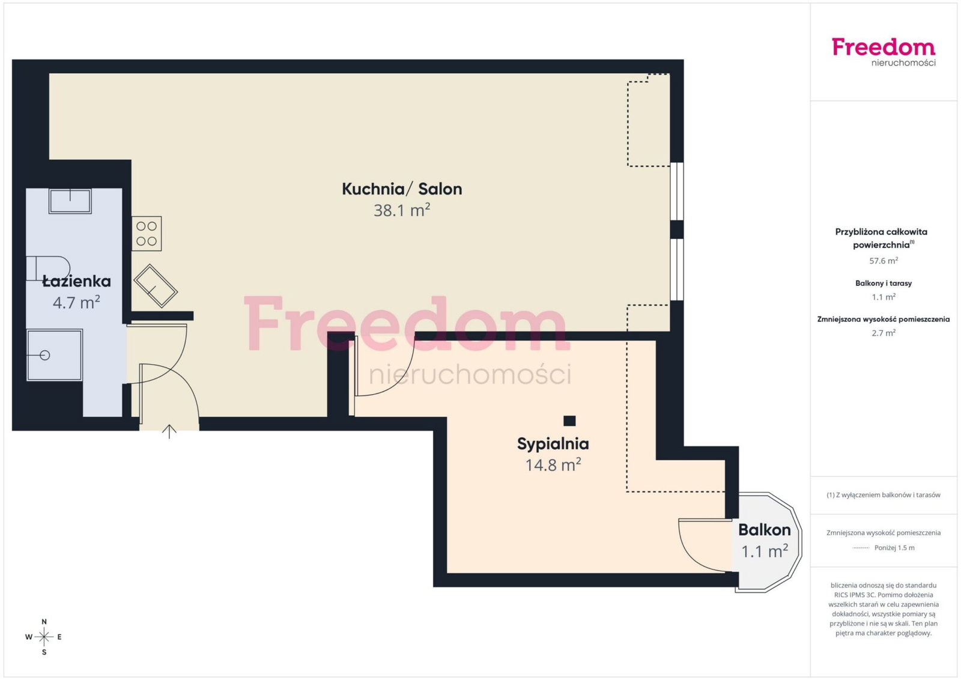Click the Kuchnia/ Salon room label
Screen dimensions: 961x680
click(402, 189)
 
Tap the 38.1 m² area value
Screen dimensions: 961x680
click(402, 210)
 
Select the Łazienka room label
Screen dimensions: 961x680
click(77, 281)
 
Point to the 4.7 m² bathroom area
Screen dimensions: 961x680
click(76, 302)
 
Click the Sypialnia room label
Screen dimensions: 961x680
click(553, 444)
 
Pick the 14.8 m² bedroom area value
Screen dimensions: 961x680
click(553, 464)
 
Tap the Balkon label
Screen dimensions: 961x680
click(764, 530)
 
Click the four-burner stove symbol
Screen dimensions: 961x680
click(147, 234)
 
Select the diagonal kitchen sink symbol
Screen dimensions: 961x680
click(156, 286)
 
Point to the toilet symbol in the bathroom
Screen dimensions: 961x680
click(48, 269)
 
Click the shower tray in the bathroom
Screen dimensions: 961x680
click(55, 355)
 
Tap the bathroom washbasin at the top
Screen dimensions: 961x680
click(70, 201)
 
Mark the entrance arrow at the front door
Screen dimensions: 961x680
click(169, 431)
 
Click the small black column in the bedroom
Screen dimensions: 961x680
click(569, 421)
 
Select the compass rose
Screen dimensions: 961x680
click(44, 637)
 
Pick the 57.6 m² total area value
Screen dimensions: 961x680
click(884, 261)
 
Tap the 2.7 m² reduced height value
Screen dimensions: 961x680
click(884, 333)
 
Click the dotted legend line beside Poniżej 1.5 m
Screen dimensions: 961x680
click(861, 548)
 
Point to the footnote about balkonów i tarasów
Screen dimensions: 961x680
click(884, 494)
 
